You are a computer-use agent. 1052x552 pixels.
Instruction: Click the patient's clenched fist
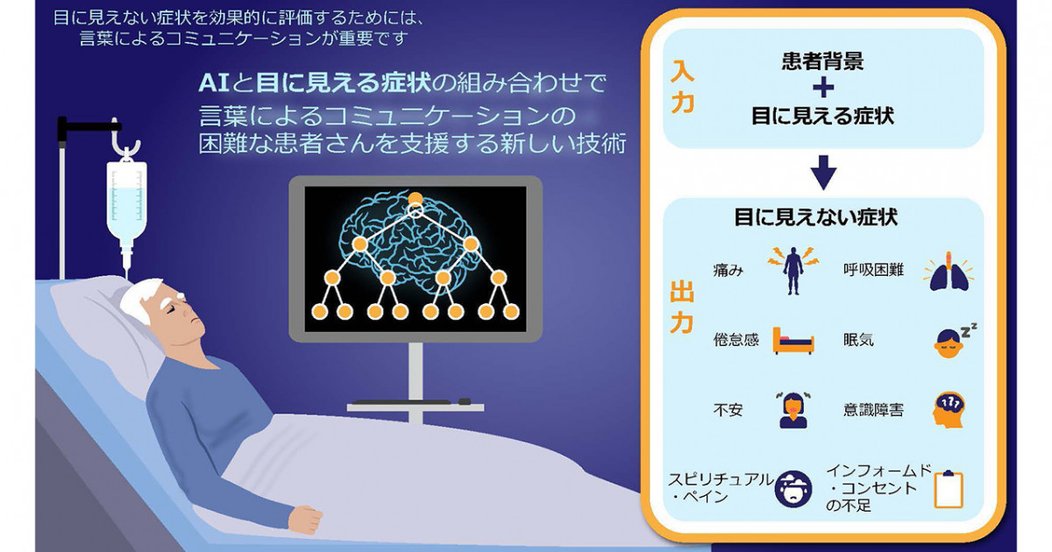pyautogui.click(x=305, y=519)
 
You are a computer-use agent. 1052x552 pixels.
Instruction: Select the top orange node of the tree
pyautogui.click(x=416, y=199)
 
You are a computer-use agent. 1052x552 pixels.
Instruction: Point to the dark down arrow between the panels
pyautogui.click(x=823, y=173)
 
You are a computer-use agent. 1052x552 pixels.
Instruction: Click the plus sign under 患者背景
pyautogui.click(x=823, y=88)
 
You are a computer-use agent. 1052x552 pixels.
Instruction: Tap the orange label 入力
pyautogui.click(x=682, y=87)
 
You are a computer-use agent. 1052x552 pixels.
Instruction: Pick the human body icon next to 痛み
pyautogui.click(x=793, y=271)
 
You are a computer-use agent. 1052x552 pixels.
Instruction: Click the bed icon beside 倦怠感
pyautogui.click(x=793, y=341)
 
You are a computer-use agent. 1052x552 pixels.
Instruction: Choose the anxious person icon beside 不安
pyautogui.click(x=793, y=410)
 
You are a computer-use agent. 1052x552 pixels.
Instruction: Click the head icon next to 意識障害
pyautogui.click(x=949, y=410)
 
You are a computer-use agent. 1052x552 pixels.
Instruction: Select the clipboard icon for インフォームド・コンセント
pyautogui.click(x=949, y=489)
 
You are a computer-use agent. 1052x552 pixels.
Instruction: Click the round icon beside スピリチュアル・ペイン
pyautogui.click(x=793, y=489)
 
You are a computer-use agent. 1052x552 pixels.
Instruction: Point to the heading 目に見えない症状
pyautogui.click(x=816, y=217)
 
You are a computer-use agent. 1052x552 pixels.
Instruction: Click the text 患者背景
pyautogui.click(x=823, y=61)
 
